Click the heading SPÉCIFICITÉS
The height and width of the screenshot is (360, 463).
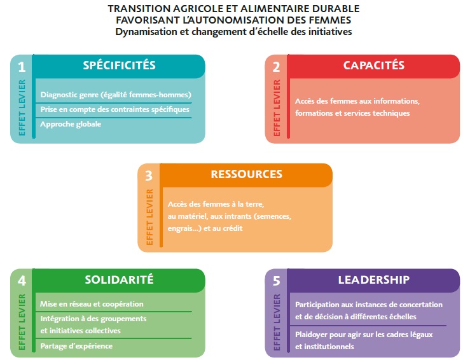tap(119, 65)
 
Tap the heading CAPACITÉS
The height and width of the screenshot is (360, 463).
tap(373, 65)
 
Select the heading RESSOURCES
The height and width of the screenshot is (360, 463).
tap(246, 174)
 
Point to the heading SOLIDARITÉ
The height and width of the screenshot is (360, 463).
tap(119, 279)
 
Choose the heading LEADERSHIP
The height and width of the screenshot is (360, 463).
tap(373, 280)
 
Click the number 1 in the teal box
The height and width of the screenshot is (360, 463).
tap(22, 67)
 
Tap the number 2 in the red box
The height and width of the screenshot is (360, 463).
tap(276, 67)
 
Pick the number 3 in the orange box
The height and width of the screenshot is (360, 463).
tap(149, 176)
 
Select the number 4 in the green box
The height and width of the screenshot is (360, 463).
tap(22, 281)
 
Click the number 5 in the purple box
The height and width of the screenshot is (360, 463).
tap(277, 281)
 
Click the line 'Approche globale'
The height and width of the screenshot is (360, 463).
tap(71, 124)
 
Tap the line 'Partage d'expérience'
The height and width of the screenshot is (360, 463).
tap(76, 346)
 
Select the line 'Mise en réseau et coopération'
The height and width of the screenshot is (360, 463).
tap(92, 304)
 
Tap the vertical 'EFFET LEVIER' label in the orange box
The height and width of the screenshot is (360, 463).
tap(149, 217)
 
